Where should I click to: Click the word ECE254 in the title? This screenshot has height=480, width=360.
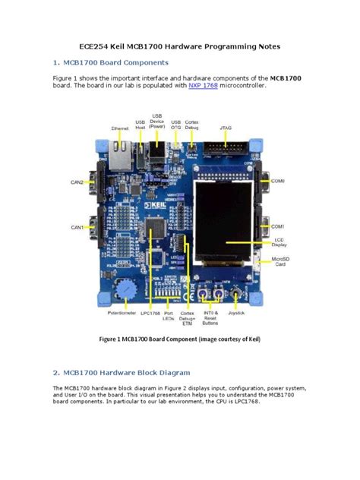[96, 46]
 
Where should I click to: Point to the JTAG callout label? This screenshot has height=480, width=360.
[226, 128]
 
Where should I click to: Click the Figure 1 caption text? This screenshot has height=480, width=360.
[179, 339]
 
